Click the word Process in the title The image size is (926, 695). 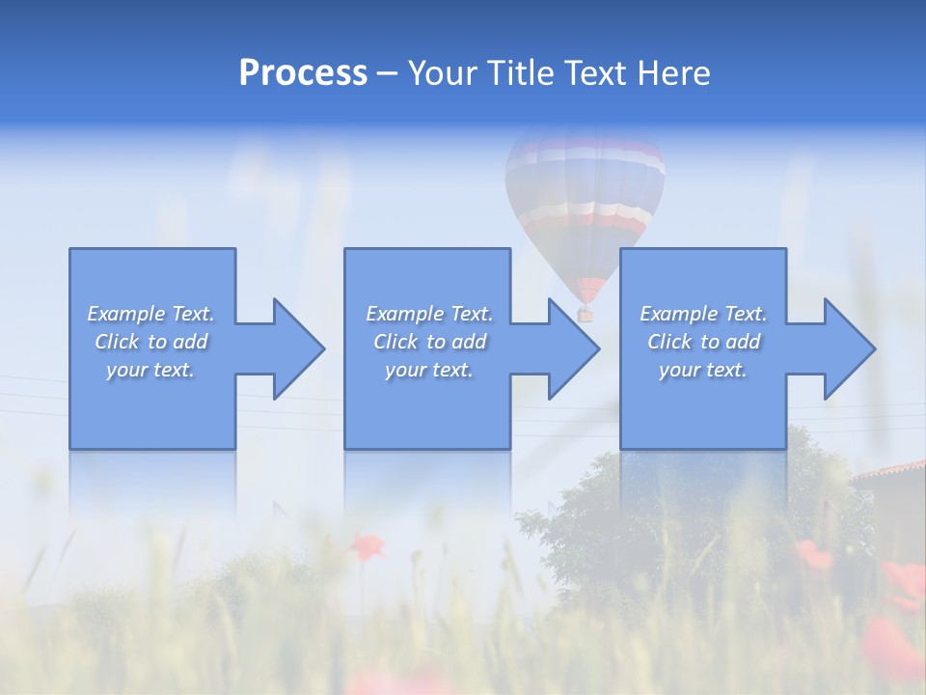point(303,73)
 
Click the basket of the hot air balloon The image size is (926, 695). point(585,314)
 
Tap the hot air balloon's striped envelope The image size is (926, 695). point(585,193)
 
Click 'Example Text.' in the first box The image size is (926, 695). point(150,314)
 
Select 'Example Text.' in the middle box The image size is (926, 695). point(428,314)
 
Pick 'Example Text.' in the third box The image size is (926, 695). point(703,314)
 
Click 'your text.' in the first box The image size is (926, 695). point(150,370)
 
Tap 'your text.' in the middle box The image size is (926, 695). point(428,370)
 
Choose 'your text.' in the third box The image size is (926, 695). point(703,370)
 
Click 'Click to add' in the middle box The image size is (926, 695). point(428,342)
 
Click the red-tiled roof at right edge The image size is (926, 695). point(892,470)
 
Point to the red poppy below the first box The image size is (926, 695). point(366,546)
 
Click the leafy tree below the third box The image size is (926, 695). point(675,521)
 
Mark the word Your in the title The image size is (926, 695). point(443,73)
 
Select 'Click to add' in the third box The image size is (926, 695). point(703,342)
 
